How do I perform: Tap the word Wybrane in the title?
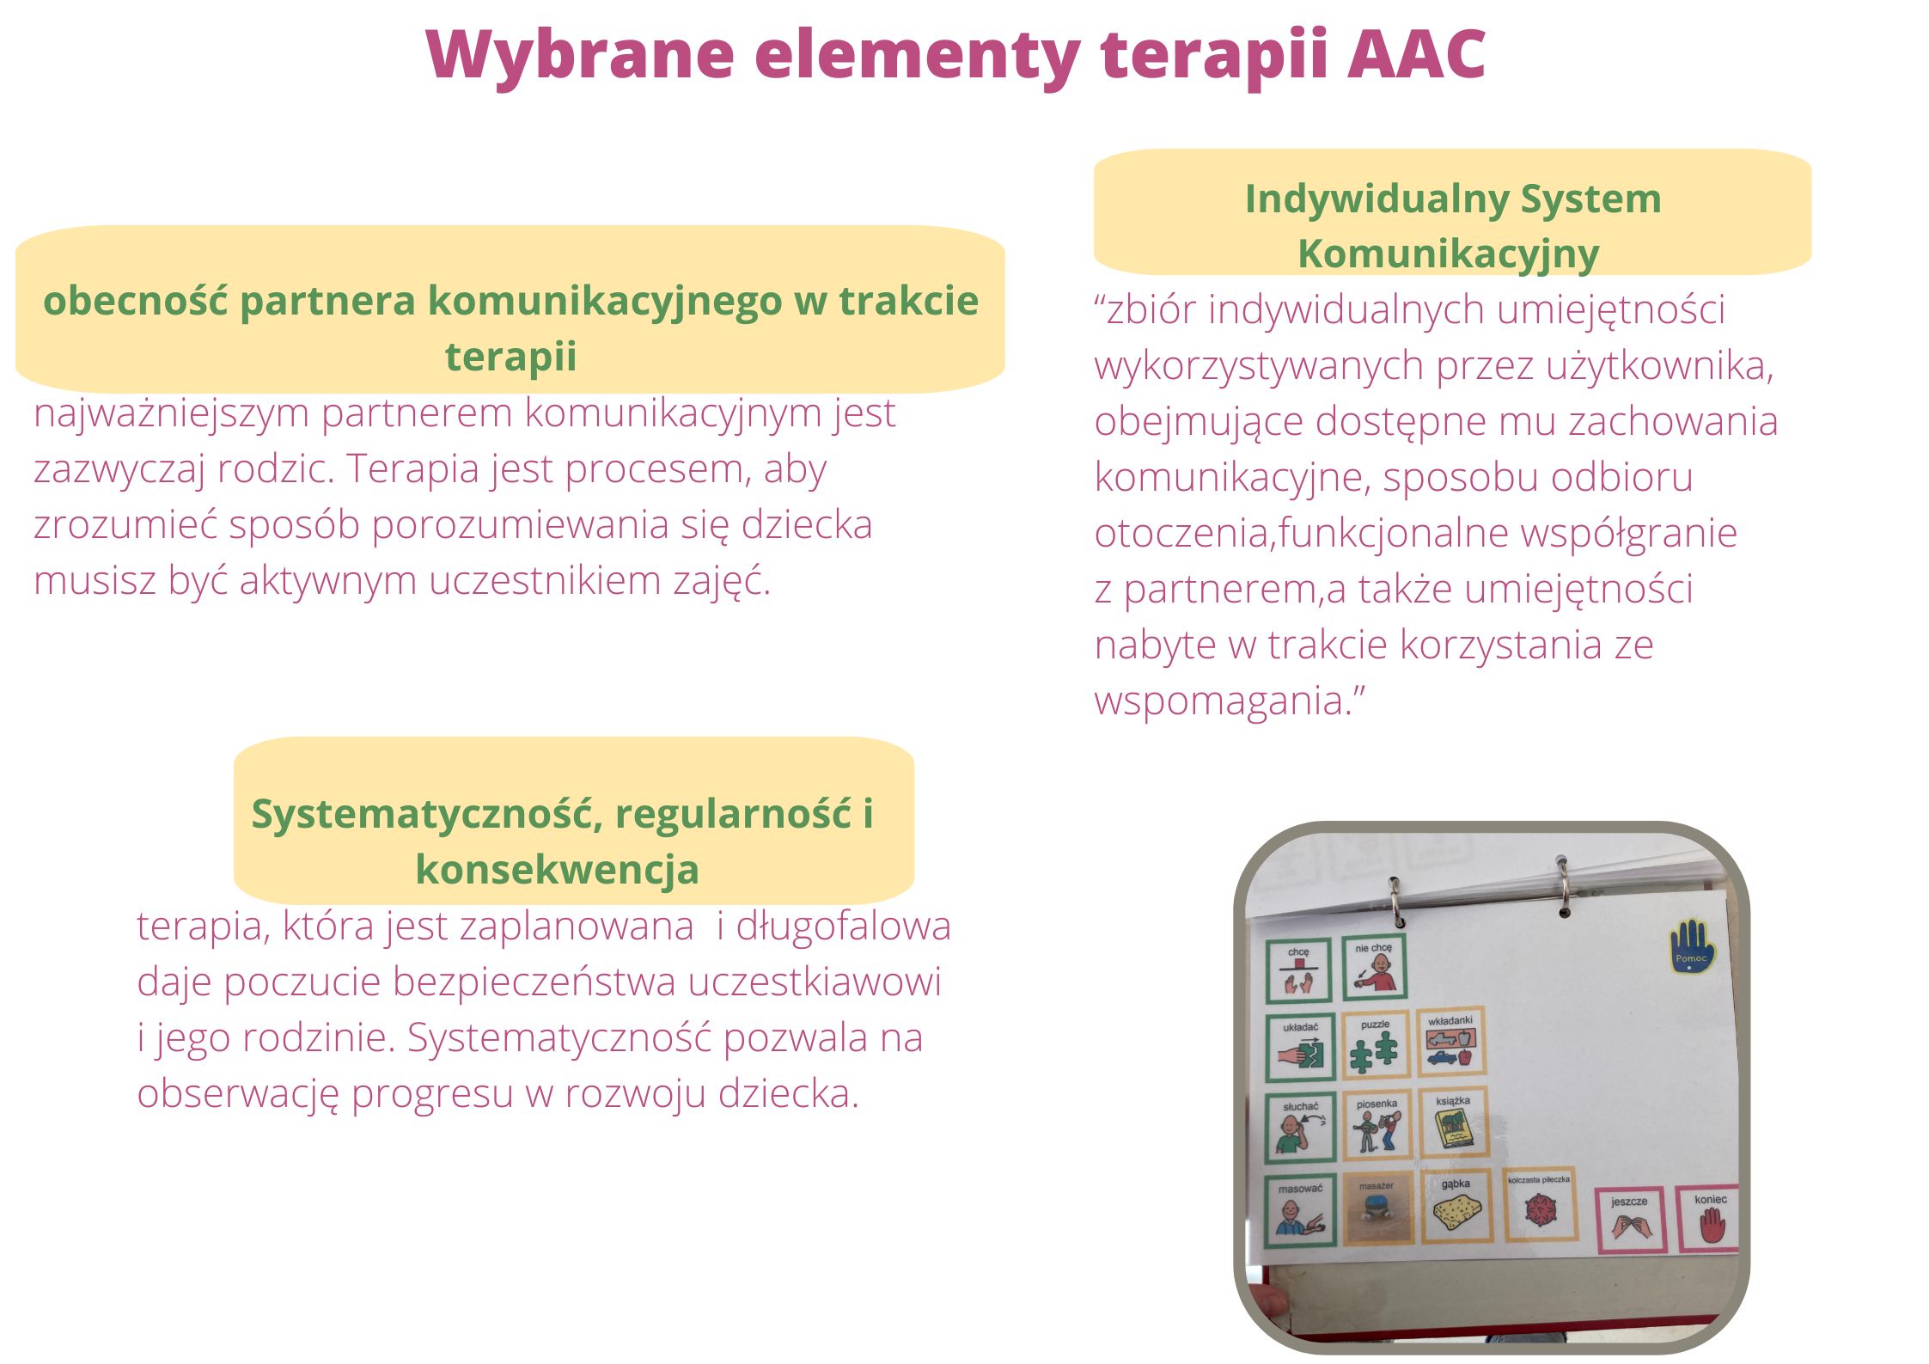click(580, 56)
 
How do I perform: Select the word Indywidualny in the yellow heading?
click(1377, 199)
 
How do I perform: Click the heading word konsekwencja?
click(557, 870)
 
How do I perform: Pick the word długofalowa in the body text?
click(843, 927)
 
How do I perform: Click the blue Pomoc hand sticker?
click(1691, 946)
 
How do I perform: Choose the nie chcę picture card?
click(1374, 967)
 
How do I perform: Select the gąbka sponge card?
click(1456, 1206)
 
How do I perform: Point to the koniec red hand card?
click(1707, 1219)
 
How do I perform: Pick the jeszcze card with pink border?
click(1629, 1220)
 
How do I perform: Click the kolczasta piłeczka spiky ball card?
click(1539, 1205)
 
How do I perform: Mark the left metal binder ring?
click(1396, 902)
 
